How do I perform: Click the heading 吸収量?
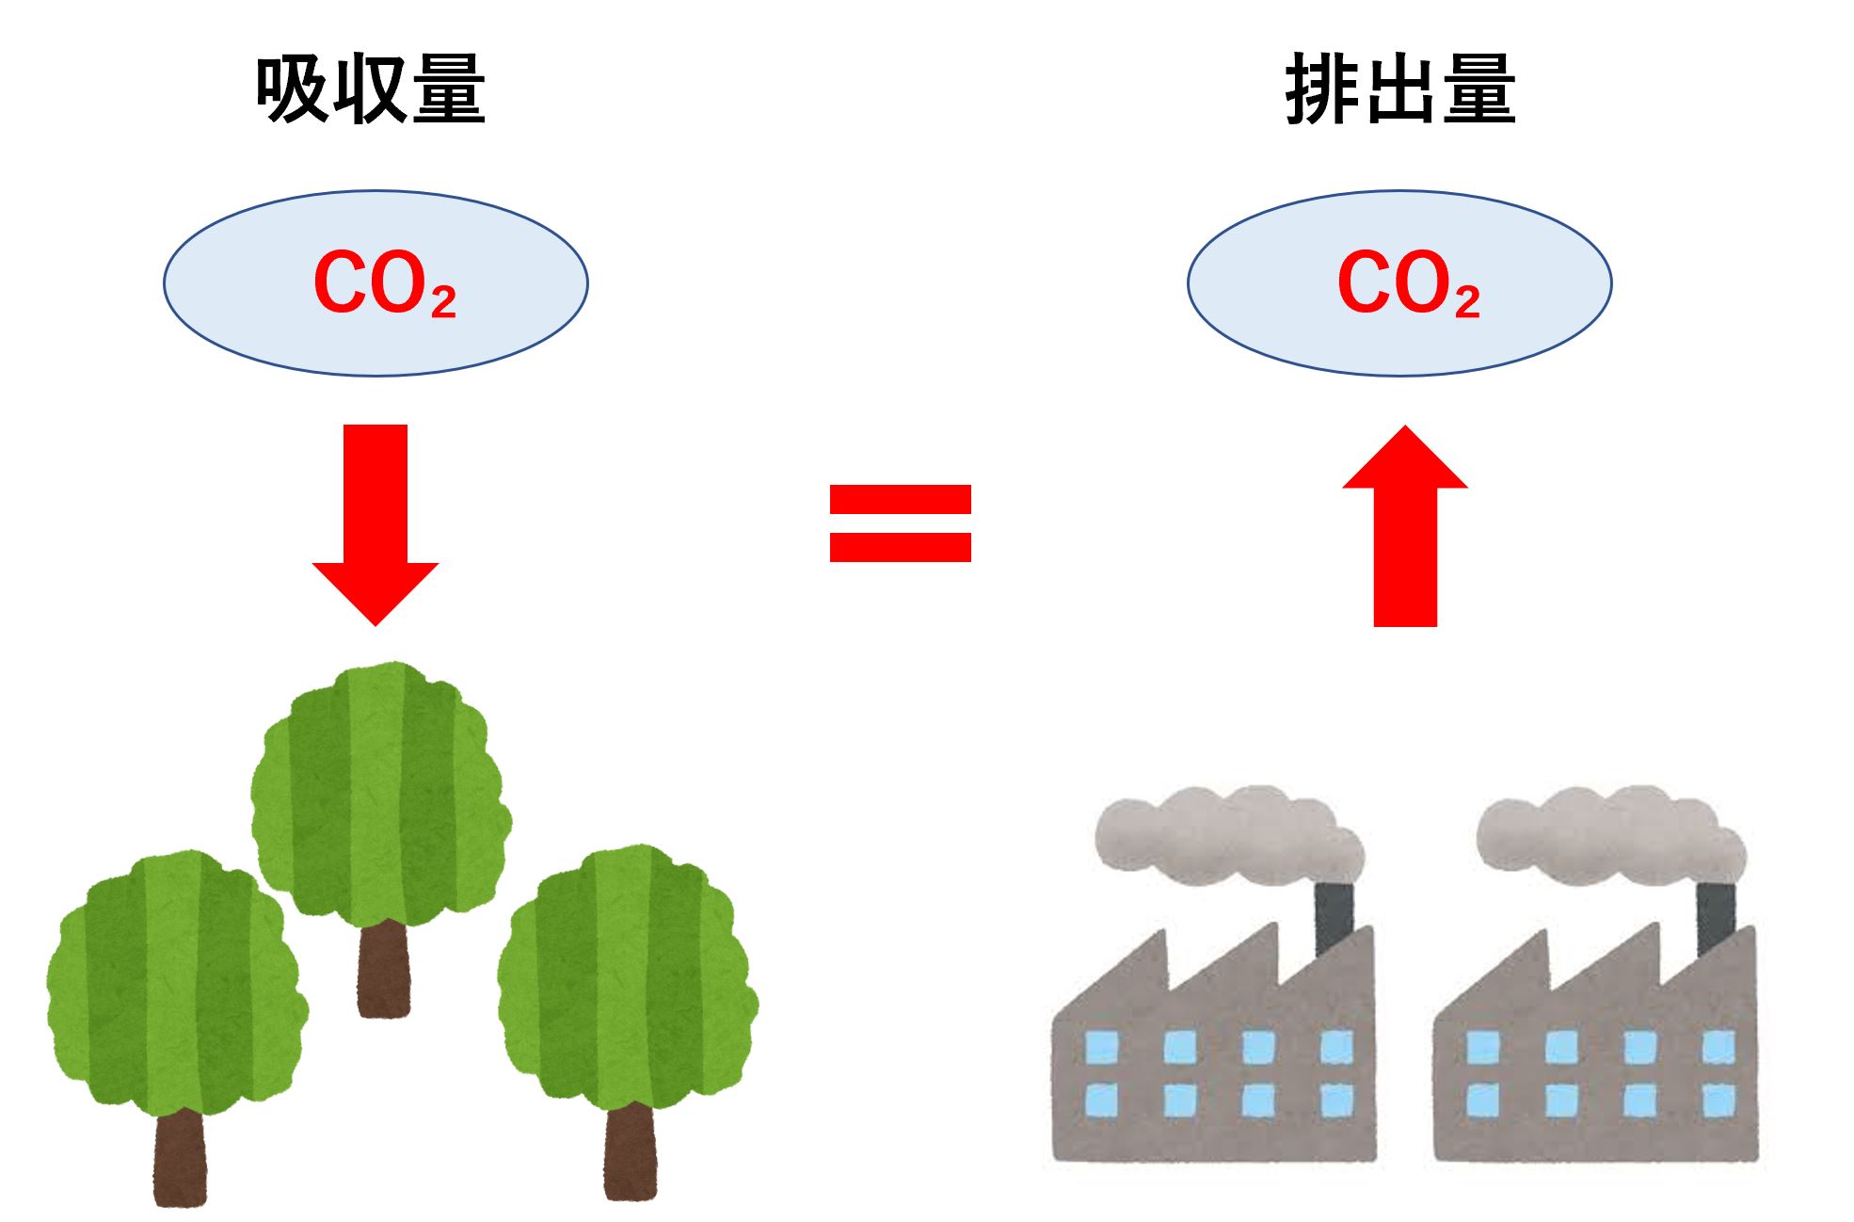tap(370, 89)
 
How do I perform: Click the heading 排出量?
tap(1400, 89)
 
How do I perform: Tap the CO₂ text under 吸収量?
tap(383, 282)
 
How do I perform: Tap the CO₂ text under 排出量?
tap(1407, 282)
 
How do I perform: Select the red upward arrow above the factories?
tap(1405, 527)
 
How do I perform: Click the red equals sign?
tap(900, 523)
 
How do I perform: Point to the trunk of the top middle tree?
tap(384, 970)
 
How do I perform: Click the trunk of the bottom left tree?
tap(180, 1158)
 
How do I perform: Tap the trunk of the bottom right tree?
tap(630, 1153)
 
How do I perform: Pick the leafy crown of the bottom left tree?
tap(176, 979)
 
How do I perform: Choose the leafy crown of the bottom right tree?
tap(628, 974)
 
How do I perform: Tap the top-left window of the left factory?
tap(1102, 1047)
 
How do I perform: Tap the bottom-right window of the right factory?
tap(1718, 1100)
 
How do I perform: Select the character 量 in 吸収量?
tap(449, 89)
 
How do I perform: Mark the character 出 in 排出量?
tap(1400, 89)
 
